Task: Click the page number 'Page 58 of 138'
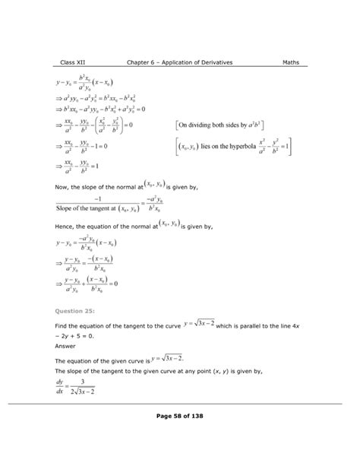point(180,415)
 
